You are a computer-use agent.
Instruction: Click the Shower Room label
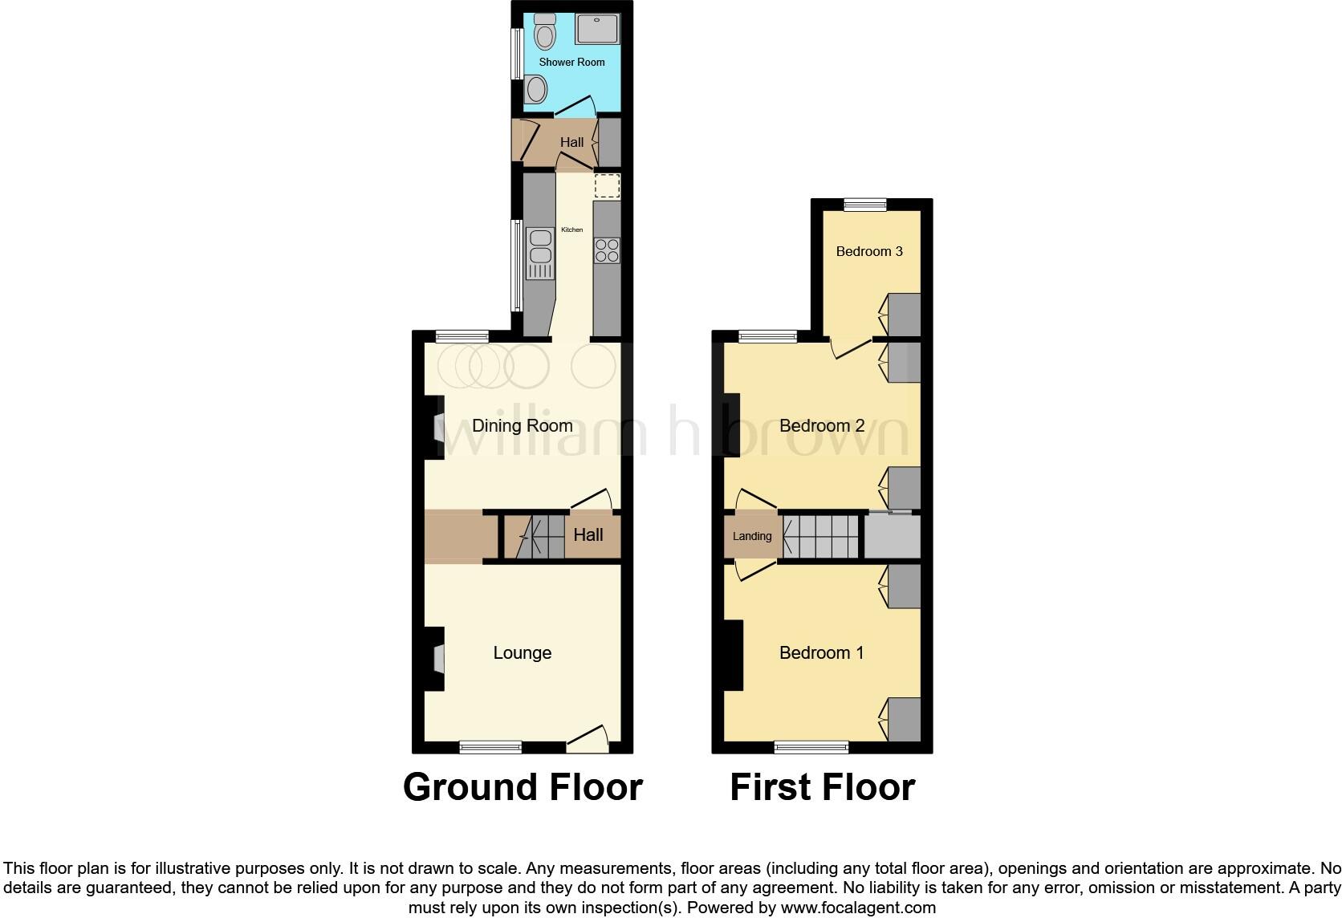pyautogui.click(x=571, y=62)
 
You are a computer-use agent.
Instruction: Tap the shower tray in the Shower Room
pyautogui.click(x=597, y=30)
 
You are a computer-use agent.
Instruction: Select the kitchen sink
pyautogui.click(x=540, y=248)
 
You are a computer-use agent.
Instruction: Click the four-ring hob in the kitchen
pyautogui.click(x=607, y=251)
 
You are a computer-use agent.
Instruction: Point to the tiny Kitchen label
pyautogui.click(x=572, y=230)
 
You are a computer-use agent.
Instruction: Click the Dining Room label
pyautogui.click(x=522, y=426)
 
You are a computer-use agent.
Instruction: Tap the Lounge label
pyautogui.click(x=522, y=653)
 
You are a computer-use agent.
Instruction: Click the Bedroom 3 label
pyautogui.click(x=869, y=251)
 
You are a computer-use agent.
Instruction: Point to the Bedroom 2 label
pyautogui.click(x=822, y=426)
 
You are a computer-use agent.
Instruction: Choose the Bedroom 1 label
pyautogui.click(x=821, y=653)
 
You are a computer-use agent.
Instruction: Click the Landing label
pyautogui.click(x=752, y=536)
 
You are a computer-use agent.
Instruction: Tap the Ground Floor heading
pyautogui.click(x=523, y=787)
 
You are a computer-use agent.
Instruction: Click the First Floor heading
pyautogui.click(x=822, y=787)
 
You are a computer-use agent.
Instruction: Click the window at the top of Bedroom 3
pyautogui.click(x=865, y=205)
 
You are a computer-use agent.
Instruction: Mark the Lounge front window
pyautogui.click(x=490, y=747)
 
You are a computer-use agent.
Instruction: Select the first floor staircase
pyautogui.click(x=820, y=536)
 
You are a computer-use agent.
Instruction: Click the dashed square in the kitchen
pyautogui.click(x=608, y=186)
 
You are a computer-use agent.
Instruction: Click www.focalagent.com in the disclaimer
pyautogui.click(x=857, y=908)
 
